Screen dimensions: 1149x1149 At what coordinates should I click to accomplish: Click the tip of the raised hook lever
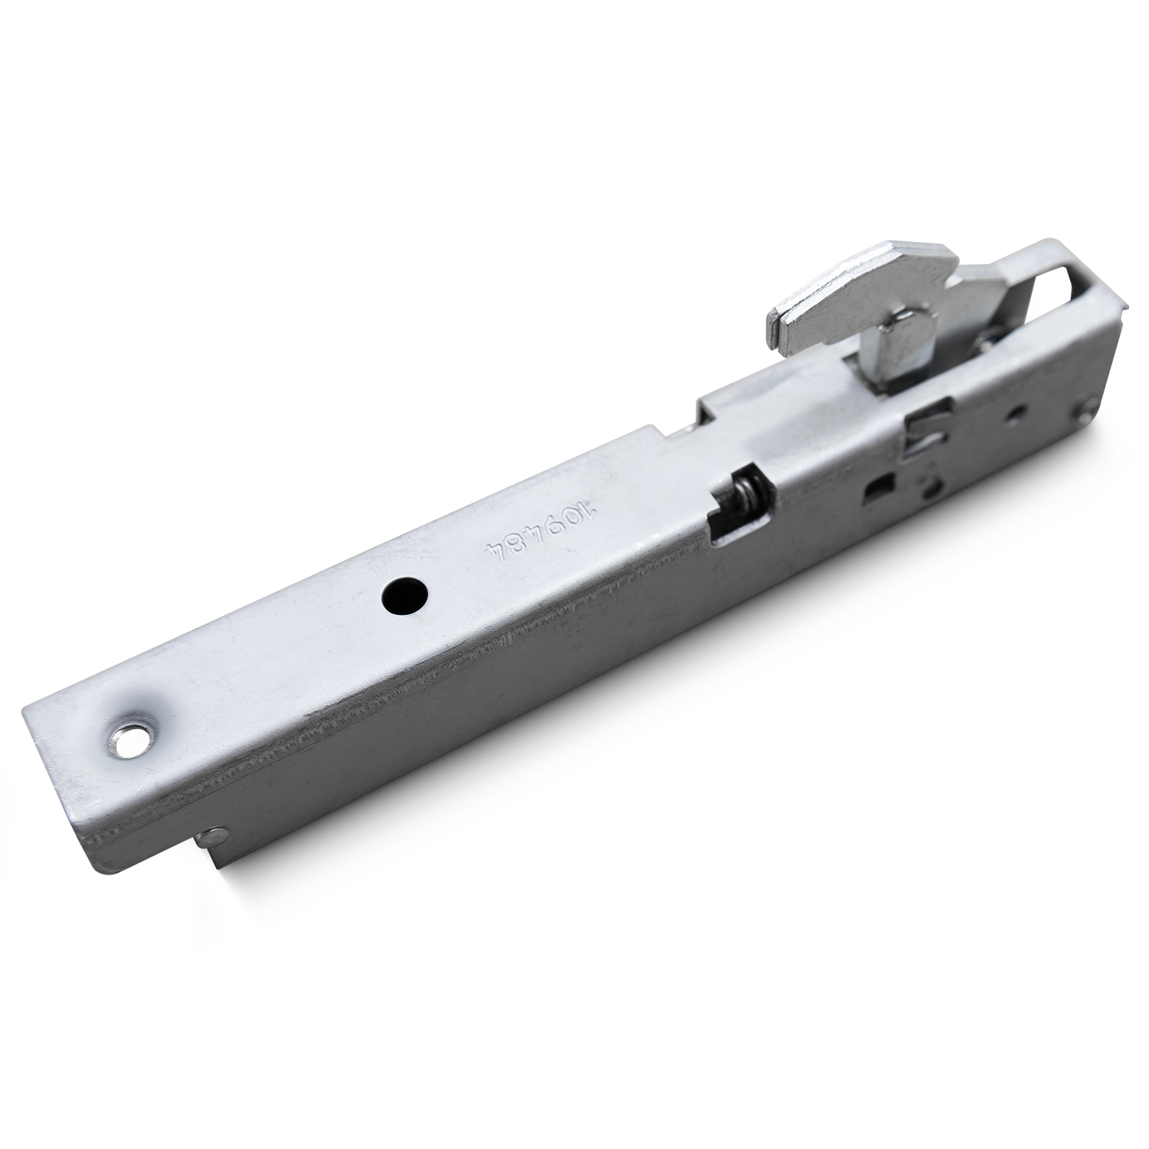pos(774,326)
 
